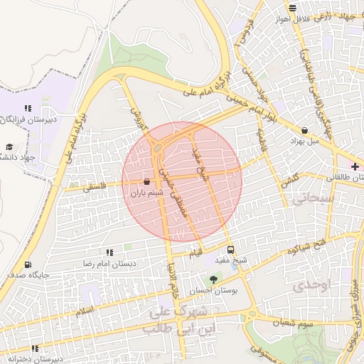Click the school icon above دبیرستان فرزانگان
(x=28, y=108)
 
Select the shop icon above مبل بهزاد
(x=305, y=130)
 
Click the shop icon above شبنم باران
(x=146, y=181)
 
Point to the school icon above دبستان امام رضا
(x=109, y=252)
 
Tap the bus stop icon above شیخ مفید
(x=230, y=250)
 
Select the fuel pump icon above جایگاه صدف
(x=28, y=264)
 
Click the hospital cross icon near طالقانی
(x=355, y=166)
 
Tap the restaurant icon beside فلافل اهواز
(x=292, y=9)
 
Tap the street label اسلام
(x=84, y=312)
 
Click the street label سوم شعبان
(x=296, y=323)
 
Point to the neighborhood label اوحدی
(x=311, y=285)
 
